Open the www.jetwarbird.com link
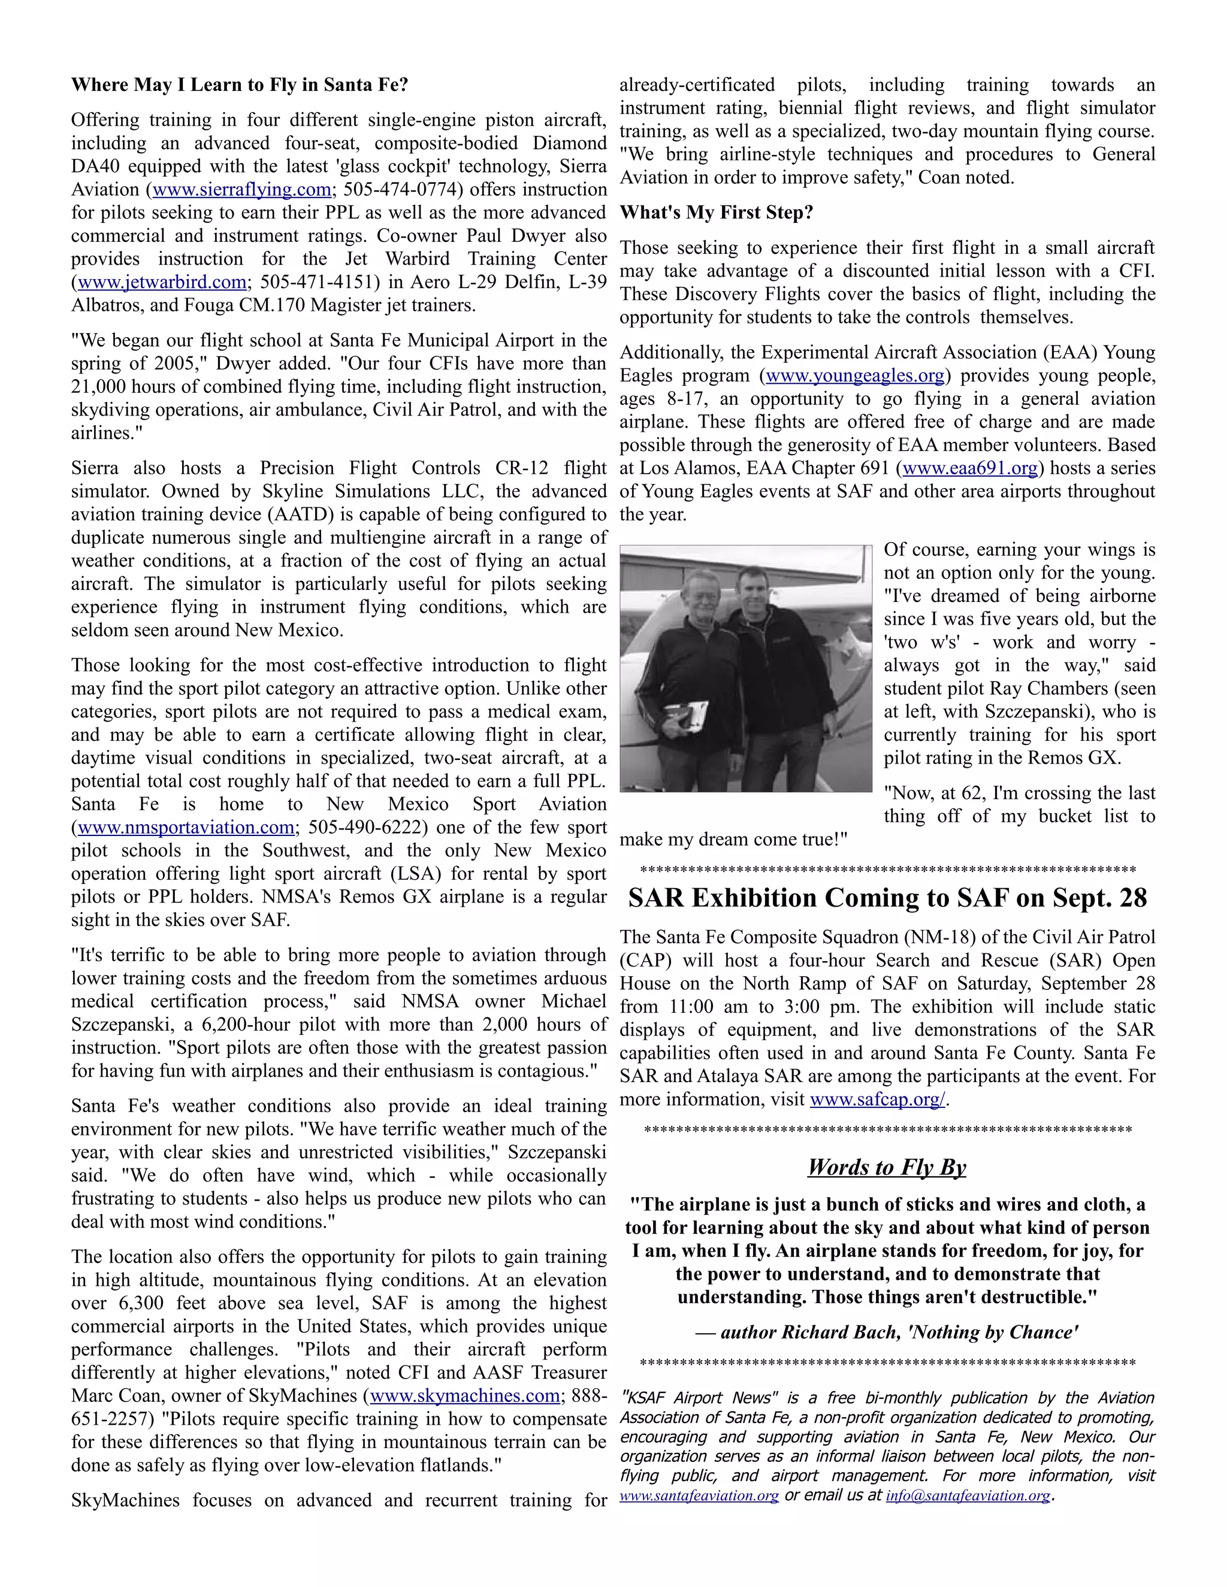(x=161, y=282)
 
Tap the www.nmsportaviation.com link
(x=185, y=828)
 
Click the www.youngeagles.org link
(x=855, y=375)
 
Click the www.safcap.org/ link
(x=877, y=1100)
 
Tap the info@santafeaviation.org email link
(x=968, y=1495)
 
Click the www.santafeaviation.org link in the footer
(x=699, y=1495)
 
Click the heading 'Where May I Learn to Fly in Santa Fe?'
(x=239, y=85)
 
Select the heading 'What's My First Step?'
(x=716, y=213)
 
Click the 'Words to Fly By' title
(x=886, y=1167)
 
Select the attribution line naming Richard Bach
(x=886, y=1332)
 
